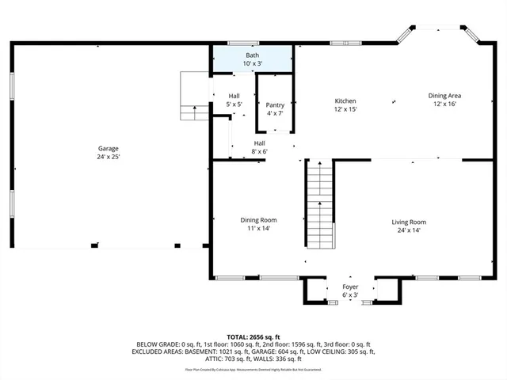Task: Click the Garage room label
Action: (x=109, y=148)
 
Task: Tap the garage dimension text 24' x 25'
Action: (x=109, y=157)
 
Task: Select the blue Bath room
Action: (x=252, y=59)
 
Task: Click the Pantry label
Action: (x=275, y=104)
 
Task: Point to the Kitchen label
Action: (x=345, y=101)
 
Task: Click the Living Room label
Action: (x=409, y=222)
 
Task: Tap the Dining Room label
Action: (x=259, y=219)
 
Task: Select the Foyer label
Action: (x=350, y=287)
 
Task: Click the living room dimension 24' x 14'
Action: (x=409, y=230)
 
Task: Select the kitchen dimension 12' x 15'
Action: (x=345, y=109)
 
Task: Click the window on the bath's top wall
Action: (x=238, y=43)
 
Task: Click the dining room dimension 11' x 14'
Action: (x=259, y=228)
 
